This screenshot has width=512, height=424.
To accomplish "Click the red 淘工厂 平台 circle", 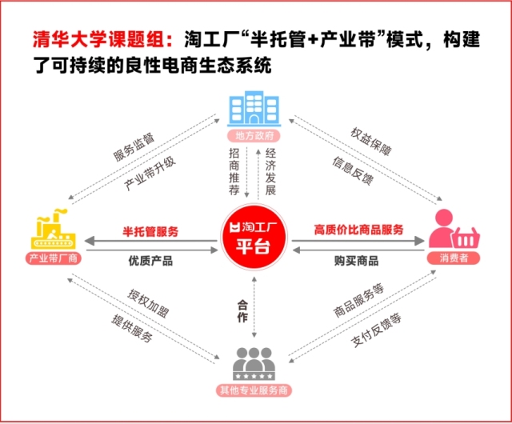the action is tap(254, 238).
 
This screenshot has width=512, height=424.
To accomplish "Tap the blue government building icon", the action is tap(254, 109).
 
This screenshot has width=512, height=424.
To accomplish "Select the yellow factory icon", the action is tap(54, 230).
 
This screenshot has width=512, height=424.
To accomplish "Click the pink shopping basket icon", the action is tap(466, 238).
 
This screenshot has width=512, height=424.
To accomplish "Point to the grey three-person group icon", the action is tap(254, 364).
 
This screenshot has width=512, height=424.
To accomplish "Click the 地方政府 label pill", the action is tap(254, 135).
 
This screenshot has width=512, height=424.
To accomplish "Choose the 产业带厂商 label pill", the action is tap(54, 258).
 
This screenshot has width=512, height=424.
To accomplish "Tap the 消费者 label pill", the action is tap(454, 258).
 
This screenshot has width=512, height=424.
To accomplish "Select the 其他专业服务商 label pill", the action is tap(254, 390).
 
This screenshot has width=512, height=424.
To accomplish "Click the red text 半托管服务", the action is tap(150, 231).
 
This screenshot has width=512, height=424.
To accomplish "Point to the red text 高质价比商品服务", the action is tap(358, 230).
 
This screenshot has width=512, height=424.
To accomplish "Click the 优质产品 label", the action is tap(150, 261).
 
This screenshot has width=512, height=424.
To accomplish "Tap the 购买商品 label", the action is tap(356, 261).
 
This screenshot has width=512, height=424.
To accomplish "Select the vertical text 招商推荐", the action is tap(234, 171).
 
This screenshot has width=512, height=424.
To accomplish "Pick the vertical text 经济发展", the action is tap(270, 171).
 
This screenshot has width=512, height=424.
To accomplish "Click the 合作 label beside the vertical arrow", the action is tap(242, 311).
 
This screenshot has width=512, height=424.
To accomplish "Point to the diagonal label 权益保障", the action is tap(371, 142).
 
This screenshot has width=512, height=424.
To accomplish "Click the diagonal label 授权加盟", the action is tap(148, 304).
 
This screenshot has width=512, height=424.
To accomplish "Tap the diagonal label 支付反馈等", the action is tap(376, 330).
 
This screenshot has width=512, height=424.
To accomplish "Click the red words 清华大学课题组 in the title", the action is tap(103, 40).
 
